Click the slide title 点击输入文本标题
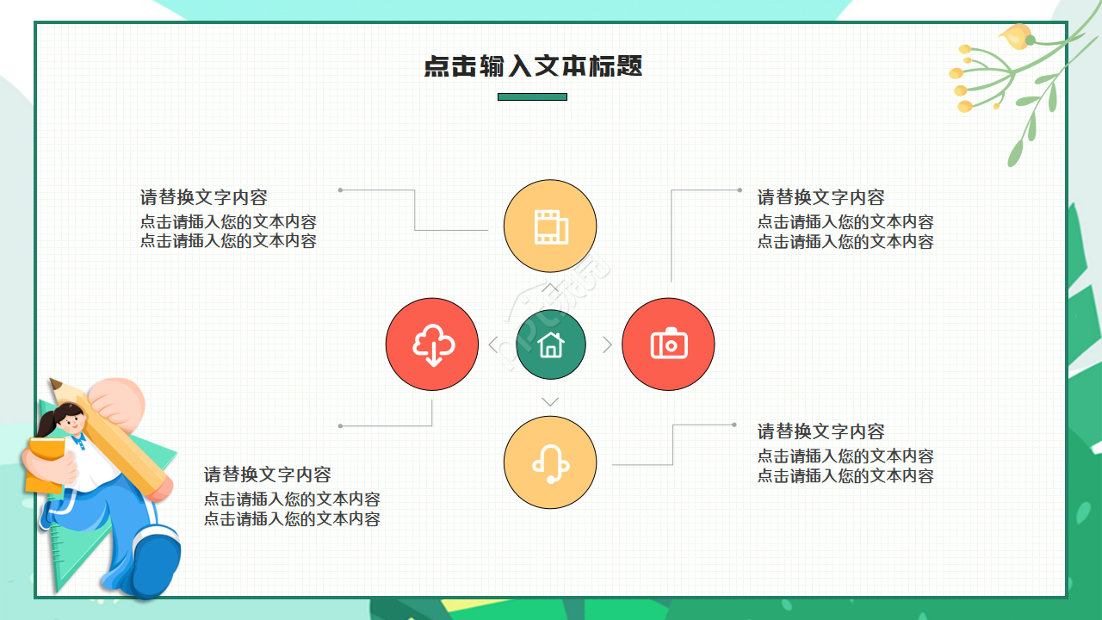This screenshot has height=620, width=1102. (533, 66)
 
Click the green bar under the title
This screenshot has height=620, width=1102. (532, 97)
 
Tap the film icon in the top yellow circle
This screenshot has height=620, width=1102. (550, 226)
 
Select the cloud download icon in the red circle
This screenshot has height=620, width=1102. (432, 344)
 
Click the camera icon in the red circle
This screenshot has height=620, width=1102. (668, 344)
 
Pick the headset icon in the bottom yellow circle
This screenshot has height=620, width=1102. (550, 463)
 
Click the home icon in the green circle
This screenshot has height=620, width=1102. (551, 345)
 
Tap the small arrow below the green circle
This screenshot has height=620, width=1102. (550, 402)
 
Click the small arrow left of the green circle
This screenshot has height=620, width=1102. (492, 345)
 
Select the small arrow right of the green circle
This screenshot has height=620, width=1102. (608, 345)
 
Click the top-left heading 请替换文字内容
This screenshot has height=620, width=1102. (204, 197)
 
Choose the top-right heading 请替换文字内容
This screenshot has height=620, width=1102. (820, 197)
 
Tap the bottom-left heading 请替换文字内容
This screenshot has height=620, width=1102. (267, 474)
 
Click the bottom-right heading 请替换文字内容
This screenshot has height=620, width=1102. (820, 431)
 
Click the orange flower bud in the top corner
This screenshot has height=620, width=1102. (1016, 36)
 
